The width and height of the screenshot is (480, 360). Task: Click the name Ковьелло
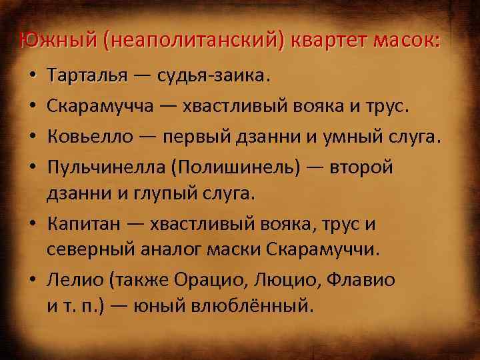[87, 137]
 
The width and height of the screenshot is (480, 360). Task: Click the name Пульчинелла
[107, 167]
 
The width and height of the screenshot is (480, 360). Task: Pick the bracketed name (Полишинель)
[237, 167]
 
